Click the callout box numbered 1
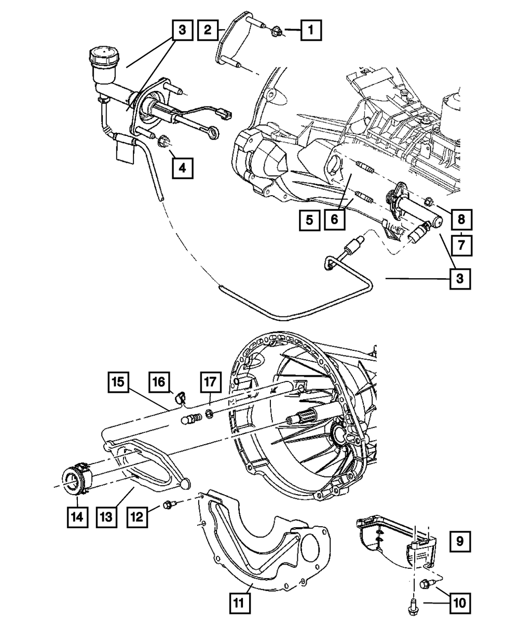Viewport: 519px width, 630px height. pyautogui.click(x=311, y=30)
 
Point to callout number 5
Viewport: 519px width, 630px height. pyautogui.click(x=309, y=221)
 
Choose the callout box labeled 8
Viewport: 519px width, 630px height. pyautogui.click(x=461, y=220)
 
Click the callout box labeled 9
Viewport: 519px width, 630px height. pyautogui.click(x=460, y=542)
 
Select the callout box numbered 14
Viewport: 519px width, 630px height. pyautogui.click(x=76, y=517)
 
